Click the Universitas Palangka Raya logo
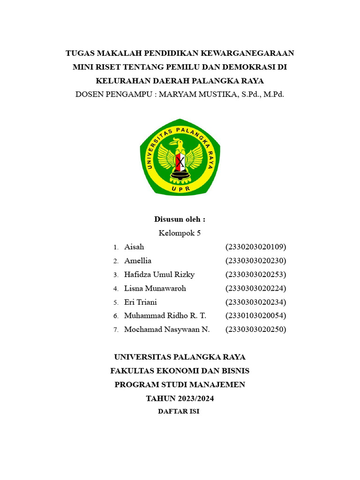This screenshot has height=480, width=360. click(180, 157)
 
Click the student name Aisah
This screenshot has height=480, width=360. click(134, 247)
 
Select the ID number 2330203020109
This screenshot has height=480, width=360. click(255, 247)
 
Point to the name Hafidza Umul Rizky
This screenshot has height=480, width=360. click(159, 274)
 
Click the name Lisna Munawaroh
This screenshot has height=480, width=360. click(155, 288)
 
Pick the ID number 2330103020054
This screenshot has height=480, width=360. click(255, 315)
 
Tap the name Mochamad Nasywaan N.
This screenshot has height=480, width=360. click(167, 330)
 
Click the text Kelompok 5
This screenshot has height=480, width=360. click(180, 233)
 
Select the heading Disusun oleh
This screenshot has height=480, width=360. click(180, 219)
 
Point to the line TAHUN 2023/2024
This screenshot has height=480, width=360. click(180, 398)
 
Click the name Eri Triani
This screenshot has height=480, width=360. click(141, 302)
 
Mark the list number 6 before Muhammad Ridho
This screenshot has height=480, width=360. click(115, 316)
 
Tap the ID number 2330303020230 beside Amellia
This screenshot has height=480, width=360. click(255, 261)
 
